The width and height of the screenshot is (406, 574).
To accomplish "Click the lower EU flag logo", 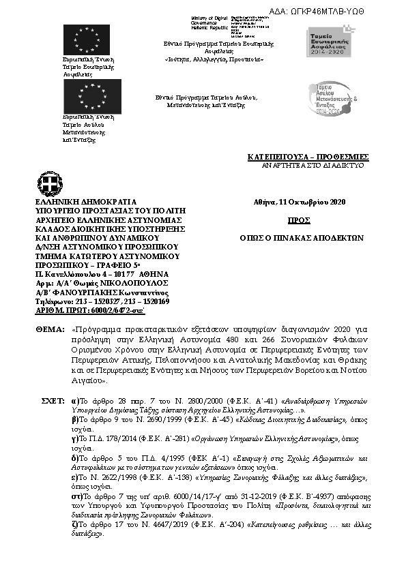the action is (91, 96).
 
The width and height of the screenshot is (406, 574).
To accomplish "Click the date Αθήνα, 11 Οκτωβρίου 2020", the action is (300, 202).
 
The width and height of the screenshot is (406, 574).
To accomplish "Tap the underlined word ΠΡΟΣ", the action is (299, 220).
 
